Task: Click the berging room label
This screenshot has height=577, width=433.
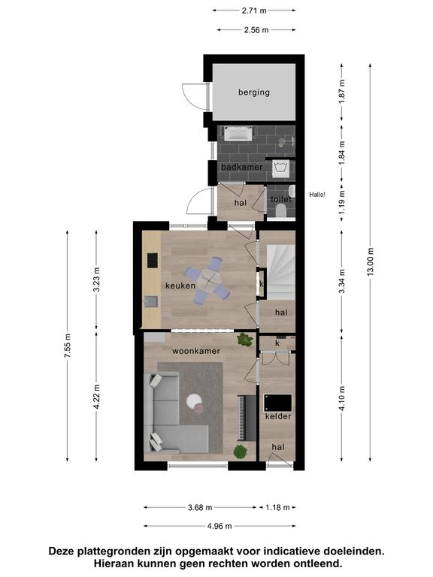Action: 253,92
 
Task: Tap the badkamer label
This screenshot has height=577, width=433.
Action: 241,167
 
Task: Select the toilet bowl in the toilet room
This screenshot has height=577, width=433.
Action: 281,211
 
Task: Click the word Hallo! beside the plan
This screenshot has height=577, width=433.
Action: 317,195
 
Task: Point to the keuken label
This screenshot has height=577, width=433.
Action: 180,285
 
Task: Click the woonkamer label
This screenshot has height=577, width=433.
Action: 196,351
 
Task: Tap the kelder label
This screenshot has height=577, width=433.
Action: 278,416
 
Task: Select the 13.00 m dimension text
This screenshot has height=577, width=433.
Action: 371,261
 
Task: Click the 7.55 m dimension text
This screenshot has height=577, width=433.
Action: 67,345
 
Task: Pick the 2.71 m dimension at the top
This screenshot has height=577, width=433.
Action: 254,11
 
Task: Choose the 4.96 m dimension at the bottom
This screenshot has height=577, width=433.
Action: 220,526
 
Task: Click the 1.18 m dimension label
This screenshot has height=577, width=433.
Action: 278,508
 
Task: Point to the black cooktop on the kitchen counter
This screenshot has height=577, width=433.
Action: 152,260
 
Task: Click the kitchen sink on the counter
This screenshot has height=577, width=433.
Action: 151,302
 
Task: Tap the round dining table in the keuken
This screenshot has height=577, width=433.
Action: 208,281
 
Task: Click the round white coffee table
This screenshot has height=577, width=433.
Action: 194,401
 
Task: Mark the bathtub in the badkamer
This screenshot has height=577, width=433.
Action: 238,134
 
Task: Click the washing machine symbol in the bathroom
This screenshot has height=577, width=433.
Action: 282,168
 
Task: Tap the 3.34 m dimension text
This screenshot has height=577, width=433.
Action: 342,281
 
